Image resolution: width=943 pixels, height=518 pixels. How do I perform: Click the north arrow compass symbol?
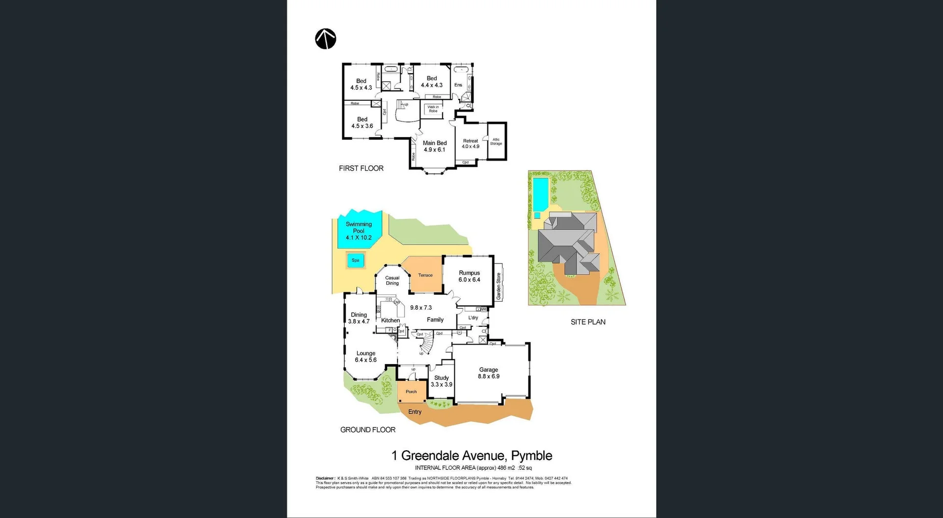[x=326, y=39]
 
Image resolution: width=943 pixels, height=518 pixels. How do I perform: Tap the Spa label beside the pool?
[x=356, y=260]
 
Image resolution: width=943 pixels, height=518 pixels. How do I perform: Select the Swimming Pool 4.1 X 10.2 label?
[x=359, y=231]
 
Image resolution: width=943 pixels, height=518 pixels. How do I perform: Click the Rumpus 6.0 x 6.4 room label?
[x=469, y=276]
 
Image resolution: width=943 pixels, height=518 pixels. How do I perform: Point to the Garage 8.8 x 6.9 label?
[x=489, y=373]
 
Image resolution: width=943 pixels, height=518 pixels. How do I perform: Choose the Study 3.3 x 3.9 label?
[x=441, y=381]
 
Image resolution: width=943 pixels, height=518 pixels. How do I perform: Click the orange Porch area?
[x=412, y=392]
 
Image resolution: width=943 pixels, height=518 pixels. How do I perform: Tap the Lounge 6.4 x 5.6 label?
[x=366, y=357]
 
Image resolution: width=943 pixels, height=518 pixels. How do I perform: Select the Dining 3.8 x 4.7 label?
[x=359, y=318]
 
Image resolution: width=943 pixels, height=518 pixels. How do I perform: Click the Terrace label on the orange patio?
[x=425, y=275]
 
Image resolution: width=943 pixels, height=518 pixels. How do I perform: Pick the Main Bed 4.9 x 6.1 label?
[x=435, y=146]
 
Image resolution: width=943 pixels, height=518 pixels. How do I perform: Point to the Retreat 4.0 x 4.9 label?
[x=471, y=144]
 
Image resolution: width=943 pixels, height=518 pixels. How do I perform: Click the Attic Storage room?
[x=496, y=142]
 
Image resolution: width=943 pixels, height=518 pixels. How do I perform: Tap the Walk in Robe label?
[x=433, y=109]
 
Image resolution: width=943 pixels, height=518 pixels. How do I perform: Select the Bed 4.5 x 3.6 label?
[x=362, y=123]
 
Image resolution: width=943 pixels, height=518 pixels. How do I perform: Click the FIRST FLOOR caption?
[x=361, y=168]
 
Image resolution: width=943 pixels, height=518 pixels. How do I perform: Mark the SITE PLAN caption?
[x=588, y=322]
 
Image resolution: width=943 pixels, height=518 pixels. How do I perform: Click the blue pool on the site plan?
[x=540, y=194]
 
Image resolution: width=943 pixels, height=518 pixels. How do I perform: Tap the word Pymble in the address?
[x=531, y=456]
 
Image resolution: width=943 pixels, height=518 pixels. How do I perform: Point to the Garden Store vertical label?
[x=499, y=286]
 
